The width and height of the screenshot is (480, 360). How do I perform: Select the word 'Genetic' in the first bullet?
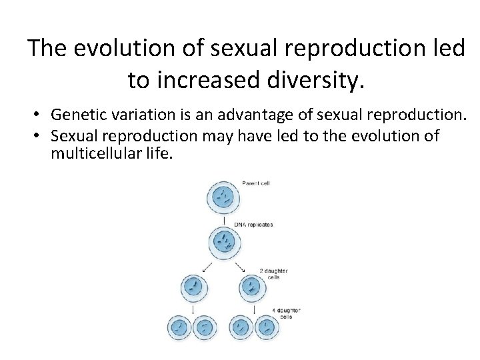[x=73, y=117]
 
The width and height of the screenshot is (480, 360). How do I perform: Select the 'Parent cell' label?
[x=255, y=183]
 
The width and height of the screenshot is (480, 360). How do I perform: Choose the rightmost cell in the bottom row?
[x=266, y=327]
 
